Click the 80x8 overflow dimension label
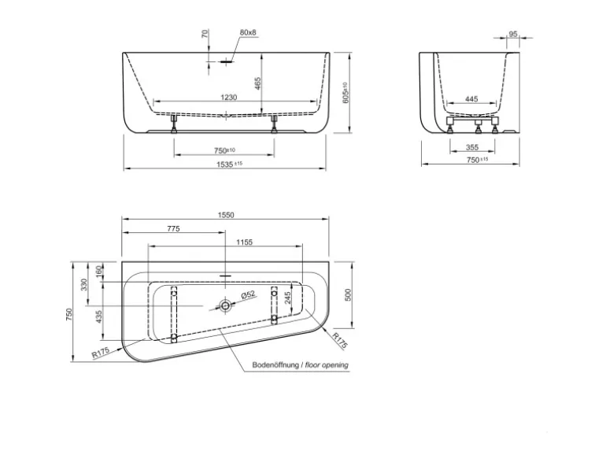click(248, 32)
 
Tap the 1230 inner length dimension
click(229, 98)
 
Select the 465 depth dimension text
click(258, 83)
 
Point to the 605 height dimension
click(345, 93)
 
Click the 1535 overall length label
click(229, 165)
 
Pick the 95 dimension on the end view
click(513, 34)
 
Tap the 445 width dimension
click(471, 99)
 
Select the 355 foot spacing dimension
click(472, 147)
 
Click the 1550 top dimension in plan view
click(226, 216)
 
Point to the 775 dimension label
click(173, 229)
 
